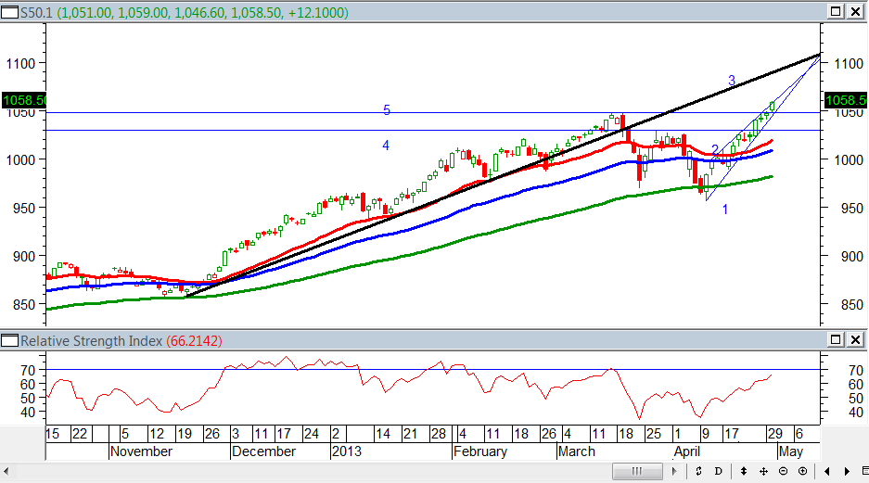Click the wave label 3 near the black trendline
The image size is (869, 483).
(x=732, y=82)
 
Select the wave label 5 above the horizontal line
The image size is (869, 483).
(x=387, y=110)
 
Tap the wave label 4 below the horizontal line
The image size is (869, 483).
(x=386, y=146)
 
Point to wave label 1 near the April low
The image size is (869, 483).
(x=725, y=210)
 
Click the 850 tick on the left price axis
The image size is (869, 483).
(x=22, y=305)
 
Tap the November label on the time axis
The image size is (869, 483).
(x=141, y=451)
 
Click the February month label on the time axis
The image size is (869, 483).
(x=480, y=451)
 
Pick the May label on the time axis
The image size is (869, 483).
(x=790, y=451)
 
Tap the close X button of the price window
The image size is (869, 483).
(x=854, y=11)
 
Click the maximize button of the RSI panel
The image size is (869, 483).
(x=836, y=341)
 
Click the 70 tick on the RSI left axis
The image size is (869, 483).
(x=29, y=370)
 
